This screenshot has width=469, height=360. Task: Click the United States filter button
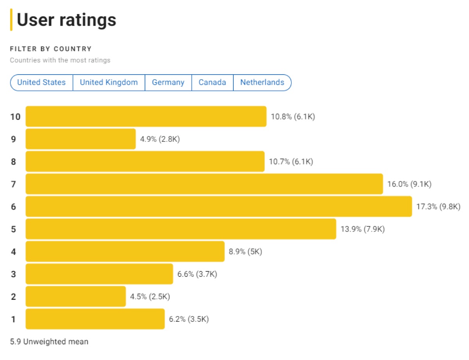point(41,82)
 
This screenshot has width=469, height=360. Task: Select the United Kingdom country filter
point(109,82)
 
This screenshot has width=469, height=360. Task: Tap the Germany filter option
point(168,82)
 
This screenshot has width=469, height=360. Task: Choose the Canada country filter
point(212,82)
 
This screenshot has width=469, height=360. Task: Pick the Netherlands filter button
point(262,82)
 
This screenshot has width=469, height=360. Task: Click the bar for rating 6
point(219,207)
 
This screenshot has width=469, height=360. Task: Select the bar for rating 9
point(81,139)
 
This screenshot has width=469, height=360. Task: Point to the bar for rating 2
point(76,297)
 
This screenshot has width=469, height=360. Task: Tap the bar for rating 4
point(125,252)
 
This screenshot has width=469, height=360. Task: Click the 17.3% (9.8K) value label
point(438,207)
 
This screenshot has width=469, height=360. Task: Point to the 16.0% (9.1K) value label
point(409,184)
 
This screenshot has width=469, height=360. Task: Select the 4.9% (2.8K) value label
point(160,139)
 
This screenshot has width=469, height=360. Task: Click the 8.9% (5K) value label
point(245,252)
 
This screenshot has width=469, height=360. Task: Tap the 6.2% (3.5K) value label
point(189,319)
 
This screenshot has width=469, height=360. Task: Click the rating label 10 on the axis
point(15,117)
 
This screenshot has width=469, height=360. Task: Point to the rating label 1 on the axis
point(14,319)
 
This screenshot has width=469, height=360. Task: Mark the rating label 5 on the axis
point(14,229)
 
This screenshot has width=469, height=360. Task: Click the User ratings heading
point(66,20)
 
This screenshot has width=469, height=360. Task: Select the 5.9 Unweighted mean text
point(49,342)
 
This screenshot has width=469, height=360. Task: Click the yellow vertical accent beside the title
point(11,20)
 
